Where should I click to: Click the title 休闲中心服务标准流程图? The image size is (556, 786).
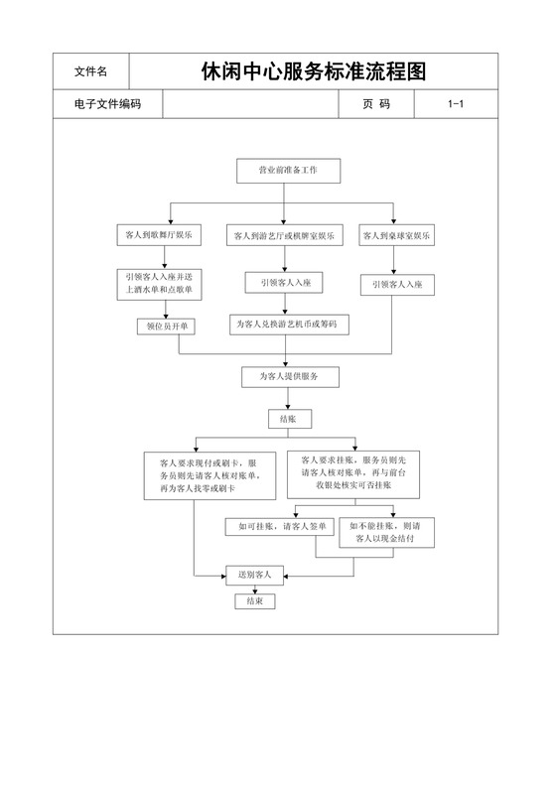[313, 71]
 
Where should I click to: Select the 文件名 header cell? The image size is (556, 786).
[90, 71]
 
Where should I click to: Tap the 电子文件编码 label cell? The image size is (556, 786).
[106, 103]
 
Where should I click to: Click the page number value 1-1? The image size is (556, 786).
[456, 103]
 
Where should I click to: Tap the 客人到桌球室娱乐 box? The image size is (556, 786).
[397, 236]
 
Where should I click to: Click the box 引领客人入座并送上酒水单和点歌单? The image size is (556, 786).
[161, 284]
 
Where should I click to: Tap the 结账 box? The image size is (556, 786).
[288, 420]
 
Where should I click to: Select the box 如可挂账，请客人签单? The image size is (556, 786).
[280, 525]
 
